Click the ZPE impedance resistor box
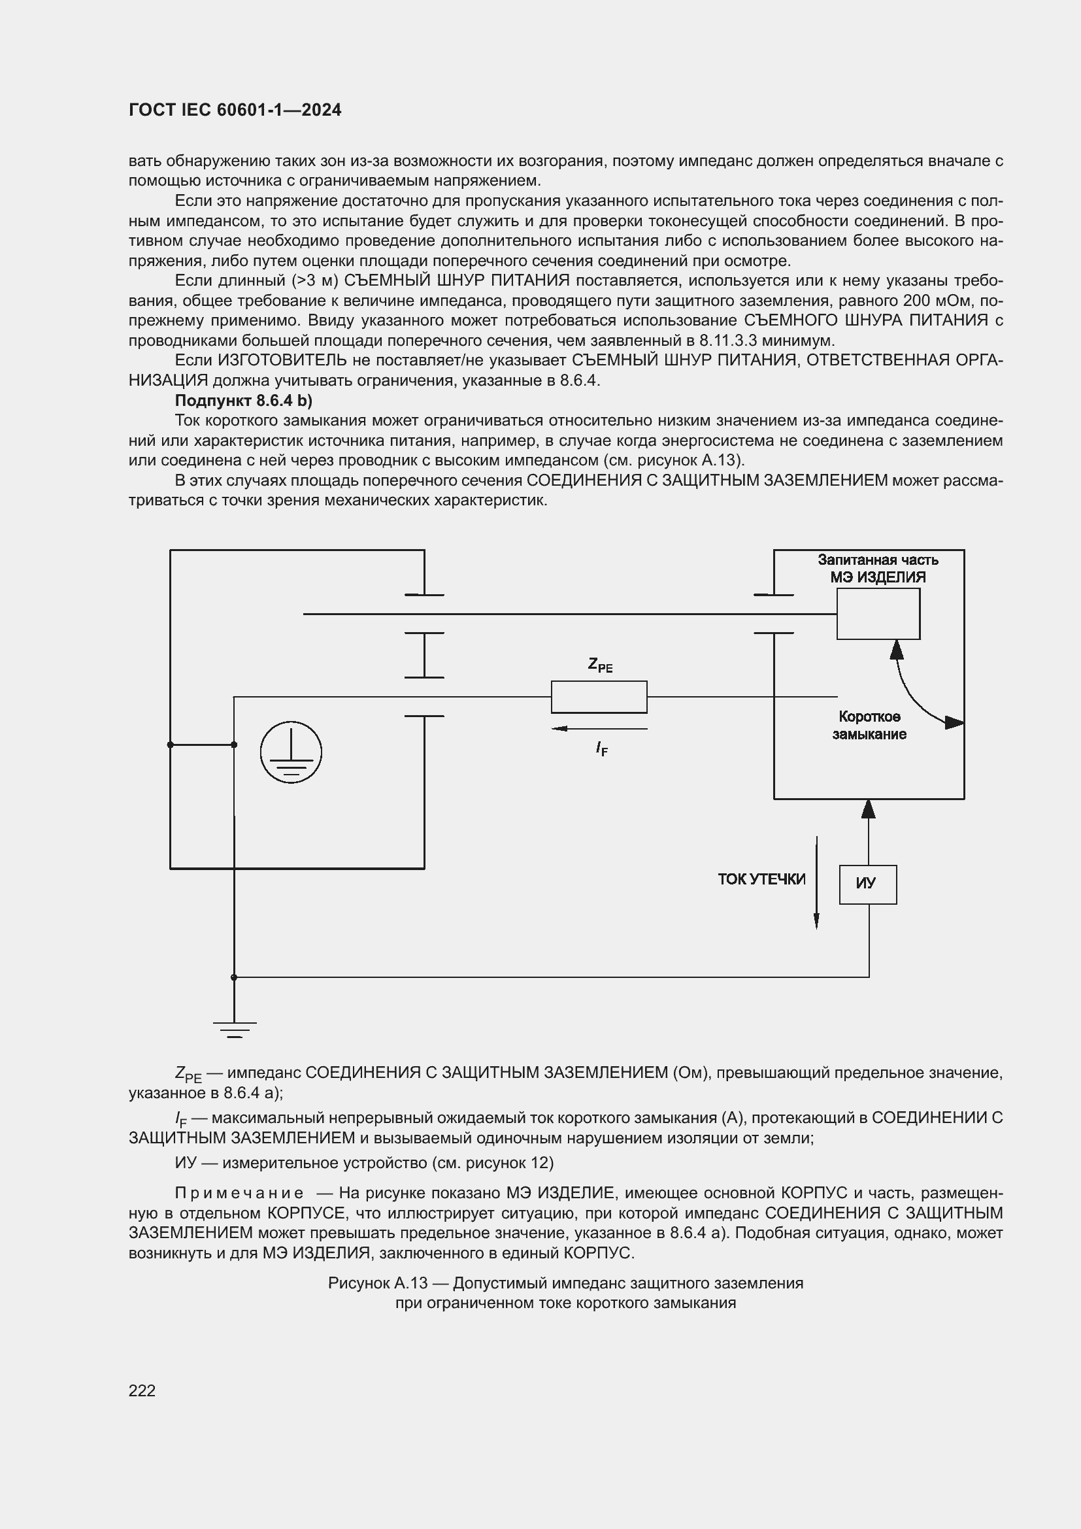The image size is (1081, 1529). [599, 697]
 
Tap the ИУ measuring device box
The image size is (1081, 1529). [867, 884]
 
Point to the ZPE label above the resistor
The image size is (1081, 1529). [600, 665]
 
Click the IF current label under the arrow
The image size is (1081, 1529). [601, 748]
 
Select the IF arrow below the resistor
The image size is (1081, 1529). [599, 728]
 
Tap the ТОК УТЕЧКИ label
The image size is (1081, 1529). [761, 879]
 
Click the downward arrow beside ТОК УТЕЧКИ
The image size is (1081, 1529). [816, 882]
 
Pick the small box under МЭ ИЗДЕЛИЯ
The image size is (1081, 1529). [878, 614]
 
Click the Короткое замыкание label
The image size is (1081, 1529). [869, 725]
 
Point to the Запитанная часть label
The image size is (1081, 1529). [878, 560]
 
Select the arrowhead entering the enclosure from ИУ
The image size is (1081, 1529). [868, 809]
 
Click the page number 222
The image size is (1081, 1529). [142, 1390]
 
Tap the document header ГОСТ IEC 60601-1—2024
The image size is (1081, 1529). [235, 110]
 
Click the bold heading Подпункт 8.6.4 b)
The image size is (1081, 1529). [243, 400]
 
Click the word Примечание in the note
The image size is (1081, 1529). [239, 1193]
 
